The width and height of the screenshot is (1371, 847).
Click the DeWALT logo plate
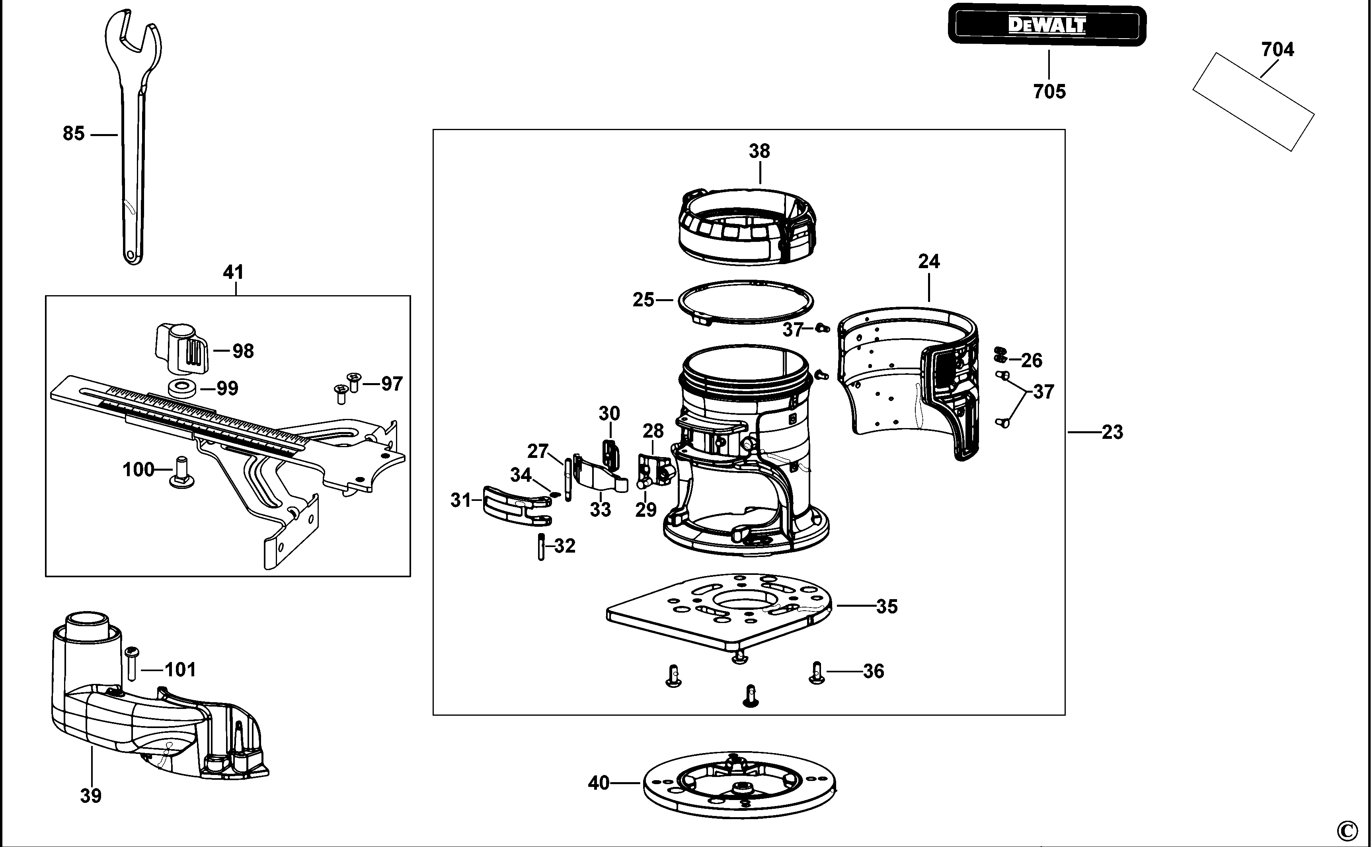pos(1047,25)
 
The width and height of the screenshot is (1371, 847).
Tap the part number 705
pos(1049,92)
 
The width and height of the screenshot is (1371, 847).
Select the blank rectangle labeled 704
pos(1253,101)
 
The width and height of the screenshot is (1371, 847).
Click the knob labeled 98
pos(181,349)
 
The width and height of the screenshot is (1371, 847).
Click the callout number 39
pos(91,795)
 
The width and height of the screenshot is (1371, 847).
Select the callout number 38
pos(759,151)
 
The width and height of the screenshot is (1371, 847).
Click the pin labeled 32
pos(541,547)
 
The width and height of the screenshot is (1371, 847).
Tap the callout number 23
pos(1112,432)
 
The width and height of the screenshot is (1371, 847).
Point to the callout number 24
pos(928,262)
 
